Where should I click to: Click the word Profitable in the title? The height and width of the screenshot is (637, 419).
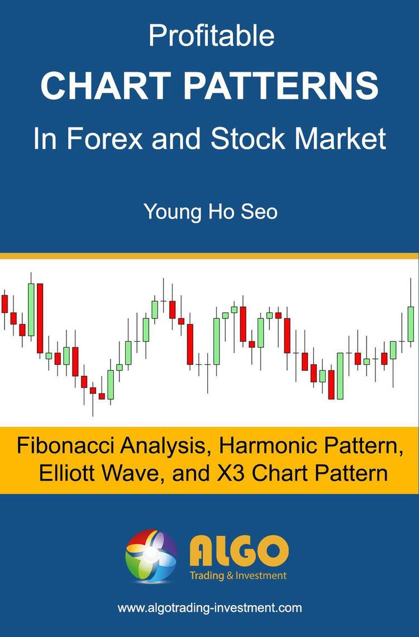pyautogui.click(x=211, y=36)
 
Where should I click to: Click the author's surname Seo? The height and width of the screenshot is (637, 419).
pyautogui.click(x=259, y=212)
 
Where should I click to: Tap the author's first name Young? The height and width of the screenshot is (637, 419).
pyautogui.click(x=170, y=213)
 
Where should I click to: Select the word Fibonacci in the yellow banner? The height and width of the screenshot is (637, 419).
pyautogui.click(x=62, y=446)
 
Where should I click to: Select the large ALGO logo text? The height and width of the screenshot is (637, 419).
pyautogui.click(x=239, y=550)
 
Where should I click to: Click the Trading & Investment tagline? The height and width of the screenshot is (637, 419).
pyautogui.click(x=238, y=575)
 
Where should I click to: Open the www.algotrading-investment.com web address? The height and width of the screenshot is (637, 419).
pyautogui.click(x=209, y=608)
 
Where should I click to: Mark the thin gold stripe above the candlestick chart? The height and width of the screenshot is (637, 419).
pyautogui.click(x=209, y=256)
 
